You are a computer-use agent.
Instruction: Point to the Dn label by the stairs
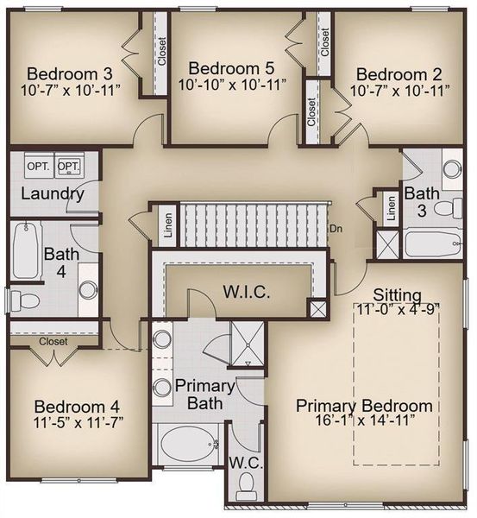337,229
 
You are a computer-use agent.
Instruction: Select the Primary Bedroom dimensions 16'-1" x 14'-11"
363,420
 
